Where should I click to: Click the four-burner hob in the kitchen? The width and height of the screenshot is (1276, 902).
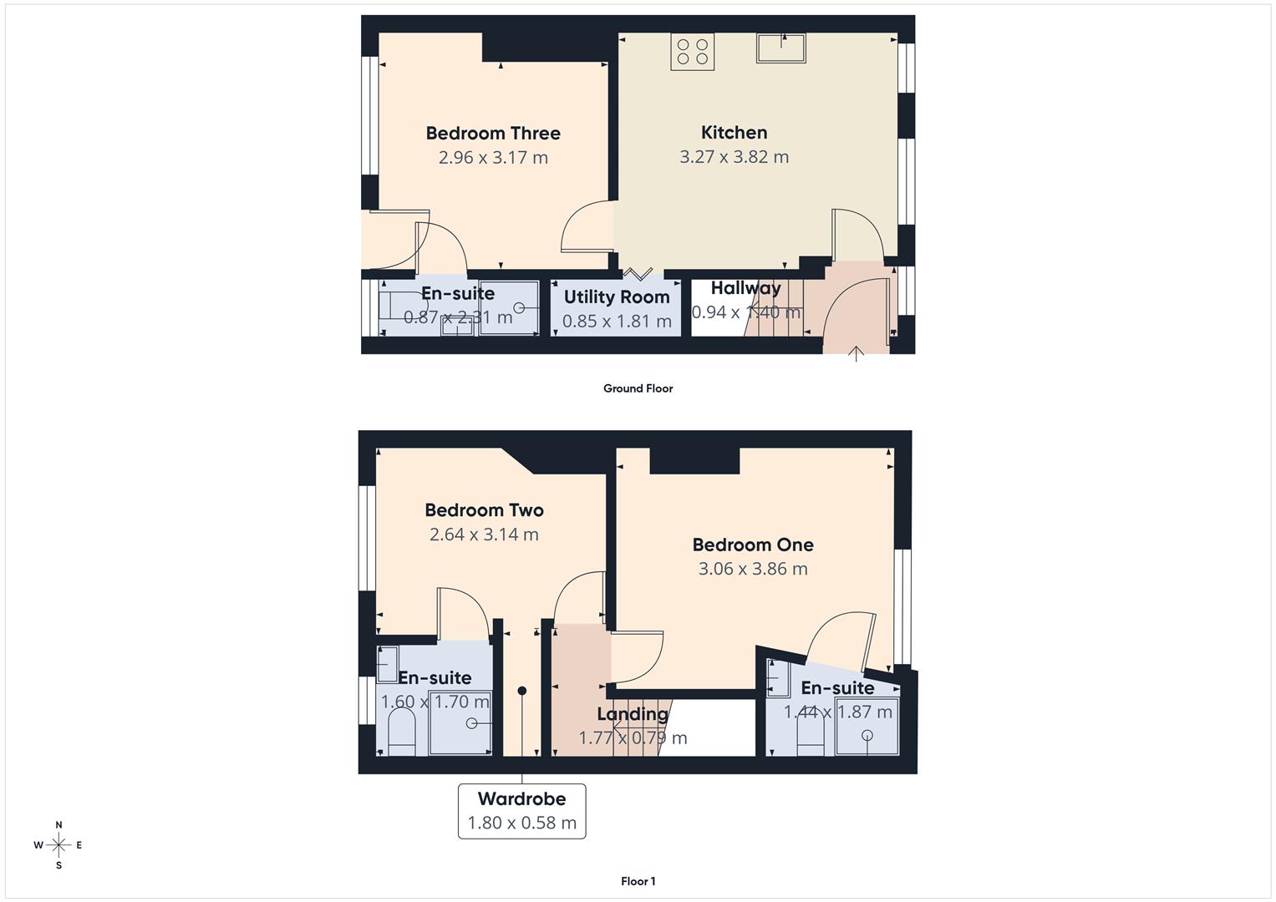693,50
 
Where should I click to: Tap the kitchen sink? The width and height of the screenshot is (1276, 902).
780,48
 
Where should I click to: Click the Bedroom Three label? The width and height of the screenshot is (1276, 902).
493,133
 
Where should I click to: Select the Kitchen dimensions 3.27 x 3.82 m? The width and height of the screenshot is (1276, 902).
734,157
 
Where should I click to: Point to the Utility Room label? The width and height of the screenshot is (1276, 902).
617,296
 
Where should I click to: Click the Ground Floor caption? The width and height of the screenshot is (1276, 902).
638,388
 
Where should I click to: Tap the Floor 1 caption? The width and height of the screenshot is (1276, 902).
638,881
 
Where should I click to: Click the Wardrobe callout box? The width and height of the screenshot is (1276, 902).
521,811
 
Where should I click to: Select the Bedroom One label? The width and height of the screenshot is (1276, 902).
753,545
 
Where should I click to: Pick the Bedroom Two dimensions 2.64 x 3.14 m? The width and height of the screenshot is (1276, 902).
484,535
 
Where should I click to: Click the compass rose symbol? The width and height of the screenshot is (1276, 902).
58,845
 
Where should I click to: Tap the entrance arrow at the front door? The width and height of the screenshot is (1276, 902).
856,352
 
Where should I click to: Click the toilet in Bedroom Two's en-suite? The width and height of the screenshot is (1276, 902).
403,733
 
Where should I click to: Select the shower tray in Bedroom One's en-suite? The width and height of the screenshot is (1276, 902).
867,734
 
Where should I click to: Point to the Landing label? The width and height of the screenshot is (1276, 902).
633,714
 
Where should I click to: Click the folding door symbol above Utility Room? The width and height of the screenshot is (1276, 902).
638,273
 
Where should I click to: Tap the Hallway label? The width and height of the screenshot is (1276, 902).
745,288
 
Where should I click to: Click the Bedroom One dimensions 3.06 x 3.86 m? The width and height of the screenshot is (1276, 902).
753,570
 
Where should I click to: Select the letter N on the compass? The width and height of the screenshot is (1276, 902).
58,825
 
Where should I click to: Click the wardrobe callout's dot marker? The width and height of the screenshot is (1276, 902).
522,691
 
